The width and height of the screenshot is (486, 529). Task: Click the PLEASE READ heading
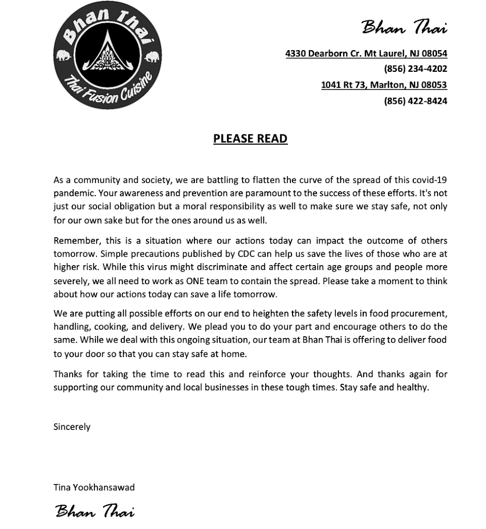click(x=250, y=138)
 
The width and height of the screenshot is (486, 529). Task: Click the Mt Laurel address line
click(x=366, y=53)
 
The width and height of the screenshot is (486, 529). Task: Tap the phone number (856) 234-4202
click(x=415, y=69)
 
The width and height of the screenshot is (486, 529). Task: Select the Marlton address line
click(x=384, y=85)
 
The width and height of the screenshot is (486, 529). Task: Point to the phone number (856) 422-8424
click(x=415, y=101)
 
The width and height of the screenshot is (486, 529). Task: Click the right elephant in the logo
click(x=151, y=56)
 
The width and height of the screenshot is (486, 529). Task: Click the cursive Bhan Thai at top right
click(x=404, y=27)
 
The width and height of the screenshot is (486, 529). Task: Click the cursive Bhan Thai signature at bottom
click(x=94, y=511)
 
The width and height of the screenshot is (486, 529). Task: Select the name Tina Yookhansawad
click(x=94, y=487)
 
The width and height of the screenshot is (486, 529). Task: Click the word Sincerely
click(x=72, y=427)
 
